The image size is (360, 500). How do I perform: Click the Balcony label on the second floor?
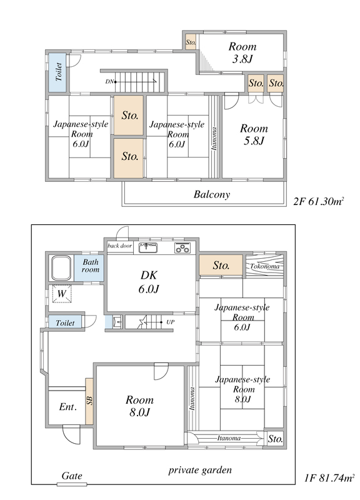(212, 194)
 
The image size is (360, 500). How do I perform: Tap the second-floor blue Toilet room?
(57, 72)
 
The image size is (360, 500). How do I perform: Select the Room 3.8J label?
(242, 52)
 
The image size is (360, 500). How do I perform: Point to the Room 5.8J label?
(254, 134)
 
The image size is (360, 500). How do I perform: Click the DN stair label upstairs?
(109, 82)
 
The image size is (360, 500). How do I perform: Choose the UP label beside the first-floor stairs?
(170, 322)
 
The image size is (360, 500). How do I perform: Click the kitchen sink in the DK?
(148, 247)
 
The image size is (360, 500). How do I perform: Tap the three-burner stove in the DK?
(182, 247)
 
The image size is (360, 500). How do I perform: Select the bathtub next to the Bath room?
(61, 267)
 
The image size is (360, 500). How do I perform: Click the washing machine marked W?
(61, 293)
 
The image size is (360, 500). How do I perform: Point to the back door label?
(119, 246)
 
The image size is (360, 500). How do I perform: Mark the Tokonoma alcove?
(264, 266)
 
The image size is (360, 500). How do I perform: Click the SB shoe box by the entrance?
(89, 401)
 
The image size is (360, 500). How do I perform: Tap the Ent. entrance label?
(67, 407)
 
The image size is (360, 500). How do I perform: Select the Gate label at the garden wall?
(72, 476)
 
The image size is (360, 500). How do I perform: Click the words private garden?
(200, 470)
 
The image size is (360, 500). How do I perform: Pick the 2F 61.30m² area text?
(319, 201)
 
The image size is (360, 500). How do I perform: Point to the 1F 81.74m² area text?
(329, 478)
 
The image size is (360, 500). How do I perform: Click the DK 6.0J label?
(149, 282)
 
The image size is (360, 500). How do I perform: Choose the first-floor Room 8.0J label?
(139, 406)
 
